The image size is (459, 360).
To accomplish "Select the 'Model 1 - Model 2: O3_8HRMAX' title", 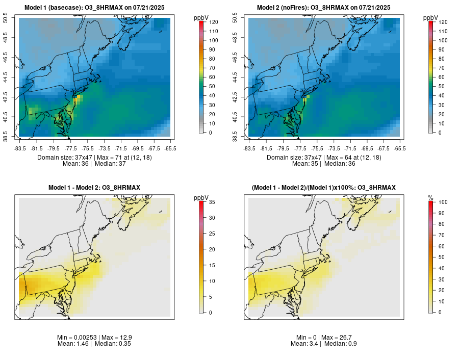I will click(x=94, y=188).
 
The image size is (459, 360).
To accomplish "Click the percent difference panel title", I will click(x=324, y=188).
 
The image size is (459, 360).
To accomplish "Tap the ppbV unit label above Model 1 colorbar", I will click(x=201, y=18).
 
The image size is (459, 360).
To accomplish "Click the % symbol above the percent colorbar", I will click(x=430, y=197).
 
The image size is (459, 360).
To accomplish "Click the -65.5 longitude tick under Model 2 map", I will click(x=400, y=148).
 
